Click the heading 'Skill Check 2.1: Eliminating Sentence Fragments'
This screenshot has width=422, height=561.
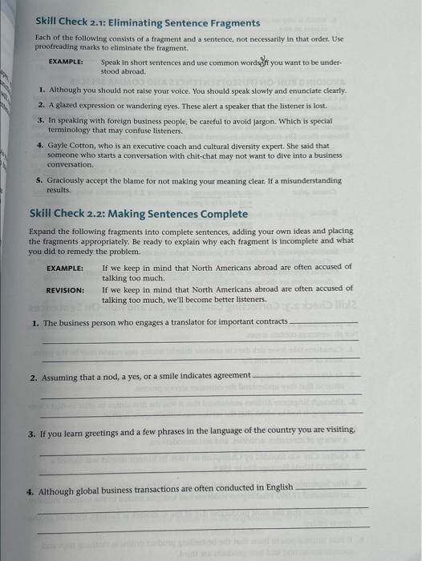[x=144, y=22]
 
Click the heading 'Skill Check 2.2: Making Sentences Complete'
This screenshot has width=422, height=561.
[x=138, y=213]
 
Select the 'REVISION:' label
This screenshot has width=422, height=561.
[x=64, y=290]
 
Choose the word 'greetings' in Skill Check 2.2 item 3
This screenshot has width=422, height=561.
[x=96, y=431]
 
